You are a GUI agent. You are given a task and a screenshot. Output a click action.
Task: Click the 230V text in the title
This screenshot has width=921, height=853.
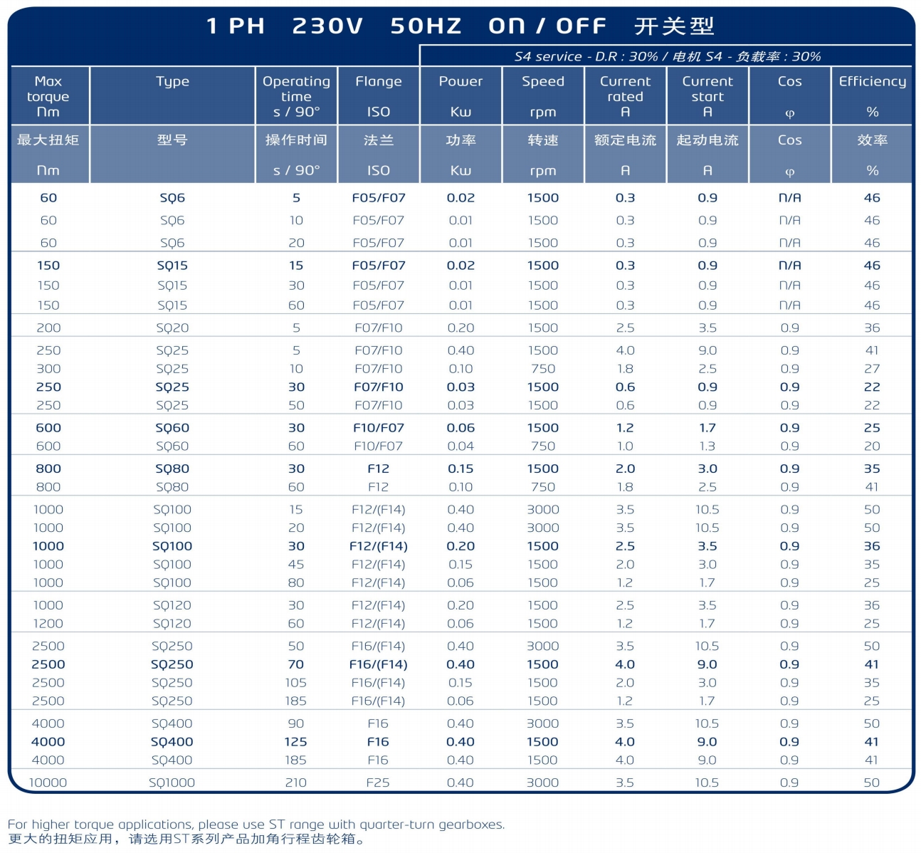[x=327, y=26]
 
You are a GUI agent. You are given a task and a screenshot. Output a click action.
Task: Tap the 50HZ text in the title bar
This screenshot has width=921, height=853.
[x=426, y=26]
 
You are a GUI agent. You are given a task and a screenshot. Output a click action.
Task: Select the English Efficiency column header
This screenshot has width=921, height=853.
[x=872, y=82]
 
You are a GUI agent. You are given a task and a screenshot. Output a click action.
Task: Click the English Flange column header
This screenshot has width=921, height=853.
[x=378, y=82]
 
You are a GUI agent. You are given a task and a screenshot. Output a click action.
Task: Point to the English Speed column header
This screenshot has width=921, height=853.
[x=542, y=82]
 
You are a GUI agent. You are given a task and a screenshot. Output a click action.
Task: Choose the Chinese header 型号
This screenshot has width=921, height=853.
[x=172, y=140]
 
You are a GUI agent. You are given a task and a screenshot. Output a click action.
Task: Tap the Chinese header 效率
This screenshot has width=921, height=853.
[x=872, y=140]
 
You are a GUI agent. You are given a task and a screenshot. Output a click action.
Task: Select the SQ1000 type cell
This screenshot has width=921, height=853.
[x=172, y=783]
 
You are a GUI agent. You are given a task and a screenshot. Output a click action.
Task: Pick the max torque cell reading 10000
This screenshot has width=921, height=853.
[x=48, y=783]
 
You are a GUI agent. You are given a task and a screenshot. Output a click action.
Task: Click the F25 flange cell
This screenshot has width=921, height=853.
[x=378, y=783]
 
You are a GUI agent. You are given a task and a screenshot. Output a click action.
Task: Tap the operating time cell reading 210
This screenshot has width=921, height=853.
[x=295, y=783]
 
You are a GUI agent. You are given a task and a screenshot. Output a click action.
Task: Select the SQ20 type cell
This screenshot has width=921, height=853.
[x=172, y=328]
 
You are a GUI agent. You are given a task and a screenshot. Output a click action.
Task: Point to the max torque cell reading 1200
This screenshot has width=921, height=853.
[x=48, y=624]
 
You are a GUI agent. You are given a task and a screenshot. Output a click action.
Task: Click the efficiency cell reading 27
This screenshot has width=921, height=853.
[x=872, y=369]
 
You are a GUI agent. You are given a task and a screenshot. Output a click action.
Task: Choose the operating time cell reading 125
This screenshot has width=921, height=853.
[x=295, y=742]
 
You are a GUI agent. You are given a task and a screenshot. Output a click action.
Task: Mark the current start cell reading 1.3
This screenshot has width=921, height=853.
[x=707, y=446]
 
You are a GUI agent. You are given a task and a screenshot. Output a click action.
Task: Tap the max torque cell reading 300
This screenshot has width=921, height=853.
[x=48, y=369]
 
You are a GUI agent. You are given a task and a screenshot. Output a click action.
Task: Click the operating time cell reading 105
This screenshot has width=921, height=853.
[x=295, y=683]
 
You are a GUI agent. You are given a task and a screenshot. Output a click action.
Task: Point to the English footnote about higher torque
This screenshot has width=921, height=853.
[x=256, y=825]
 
